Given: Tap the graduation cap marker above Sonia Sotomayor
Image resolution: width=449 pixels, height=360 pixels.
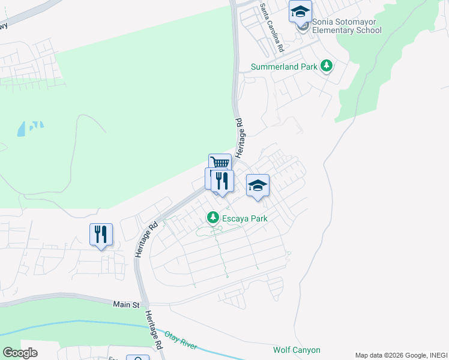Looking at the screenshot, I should point(300,11).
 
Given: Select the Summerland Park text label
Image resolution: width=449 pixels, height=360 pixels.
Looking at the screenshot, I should point(284,67).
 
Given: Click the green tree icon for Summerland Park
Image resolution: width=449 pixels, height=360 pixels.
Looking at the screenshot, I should point(326,65).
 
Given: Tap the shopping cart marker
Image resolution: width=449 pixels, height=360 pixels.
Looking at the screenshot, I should point(220,163).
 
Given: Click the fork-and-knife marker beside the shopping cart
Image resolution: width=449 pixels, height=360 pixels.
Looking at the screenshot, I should point(223,181).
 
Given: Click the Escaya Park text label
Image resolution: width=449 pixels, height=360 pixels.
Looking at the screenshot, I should point(245,218).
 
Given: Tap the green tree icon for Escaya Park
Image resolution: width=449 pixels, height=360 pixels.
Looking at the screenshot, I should point(212,217).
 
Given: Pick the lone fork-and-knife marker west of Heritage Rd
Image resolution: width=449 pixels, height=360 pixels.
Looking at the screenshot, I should point(100,234).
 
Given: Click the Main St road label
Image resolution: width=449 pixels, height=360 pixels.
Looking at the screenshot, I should point(126,305).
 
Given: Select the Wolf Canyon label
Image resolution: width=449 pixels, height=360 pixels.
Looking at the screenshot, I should point(297,350).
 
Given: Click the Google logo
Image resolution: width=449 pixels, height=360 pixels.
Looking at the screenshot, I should point(20,353).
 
